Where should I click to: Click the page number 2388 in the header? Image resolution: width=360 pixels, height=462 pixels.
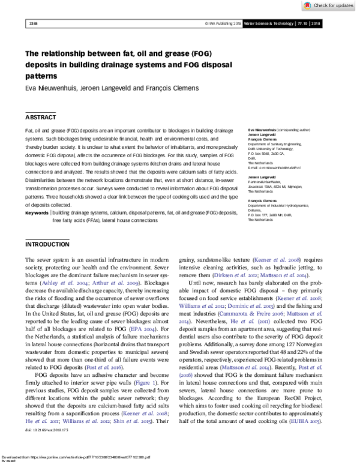pyautogui.click(x=33, y=24)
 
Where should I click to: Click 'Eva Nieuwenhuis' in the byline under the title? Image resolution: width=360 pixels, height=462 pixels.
pyautogui.click(x=50, y=88)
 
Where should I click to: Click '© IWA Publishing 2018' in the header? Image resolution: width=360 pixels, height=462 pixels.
pyautogui.click(x=221, y=24)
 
